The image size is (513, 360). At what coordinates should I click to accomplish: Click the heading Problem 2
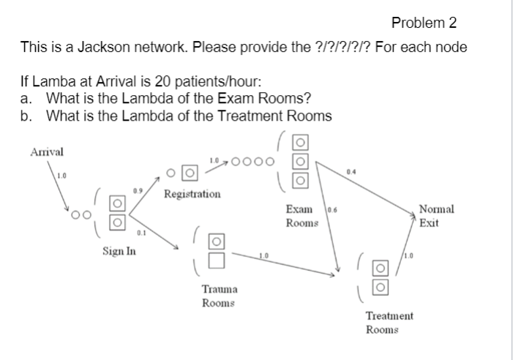coord(424,23)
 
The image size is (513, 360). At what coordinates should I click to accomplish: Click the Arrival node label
coord(46,151)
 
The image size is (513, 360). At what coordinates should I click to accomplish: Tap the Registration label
coord(191,195)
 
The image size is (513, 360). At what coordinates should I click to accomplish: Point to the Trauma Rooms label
coord(218,295)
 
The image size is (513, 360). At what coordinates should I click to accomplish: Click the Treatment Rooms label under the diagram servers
coord(389,323)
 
